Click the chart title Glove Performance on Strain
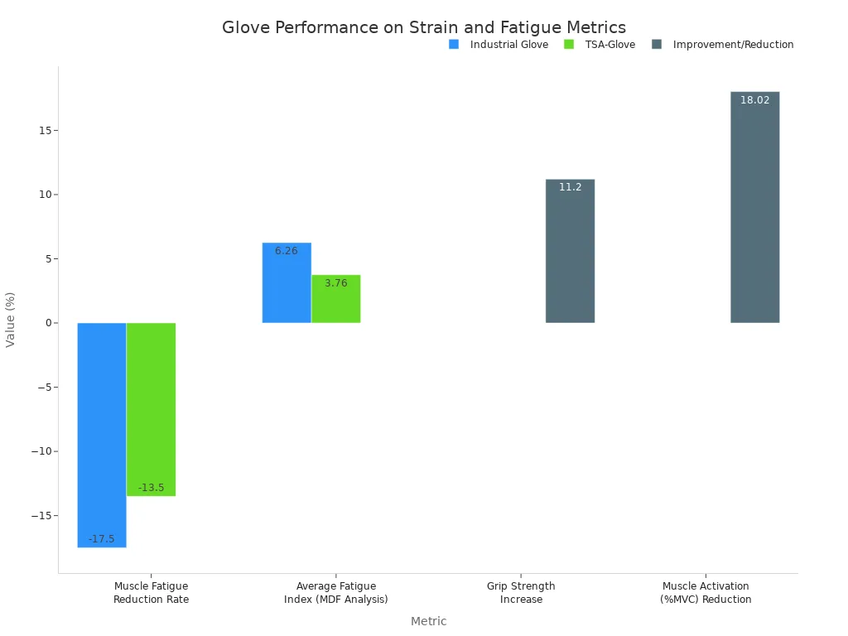pyautogui.click(x=423, y=27)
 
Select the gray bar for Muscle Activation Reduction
pyautogui.click(x=754, y=207)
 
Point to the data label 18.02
pyautogui.click(x=754, y=100)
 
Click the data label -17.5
pyautogui.click(x=102, y=539)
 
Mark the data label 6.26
pyautogui.click(x=287, y=251)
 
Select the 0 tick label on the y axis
pyautogui.click(x=48, y=323)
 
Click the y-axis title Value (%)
pyautogui.click(x=11, y=319)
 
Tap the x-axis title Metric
pyautogui.click(x=428, y=621)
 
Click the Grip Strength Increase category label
pyautogui.click(x=521, y=593)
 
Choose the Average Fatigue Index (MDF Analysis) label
pyautogui.click(x=335, y=593)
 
